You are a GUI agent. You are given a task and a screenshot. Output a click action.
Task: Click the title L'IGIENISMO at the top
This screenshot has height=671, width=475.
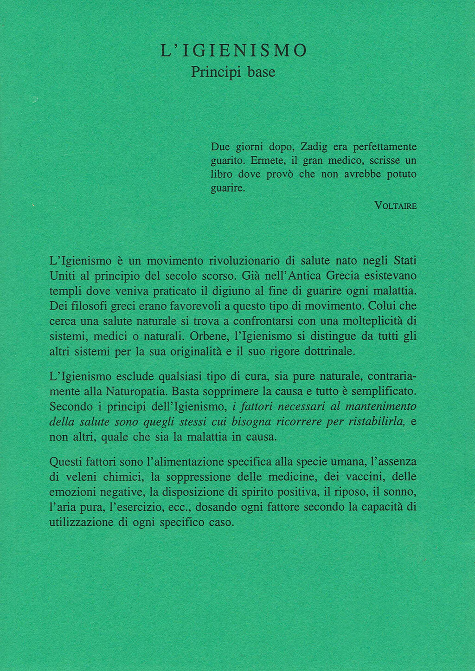click(x=234, y=51)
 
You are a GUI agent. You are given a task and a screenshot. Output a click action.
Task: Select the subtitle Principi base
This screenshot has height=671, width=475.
click(x=233, y=72)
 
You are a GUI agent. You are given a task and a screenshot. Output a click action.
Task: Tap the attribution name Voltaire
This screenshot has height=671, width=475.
click(x=395, y=206)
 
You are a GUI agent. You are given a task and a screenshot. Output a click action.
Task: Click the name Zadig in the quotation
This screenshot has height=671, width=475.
click(x=314, y=147)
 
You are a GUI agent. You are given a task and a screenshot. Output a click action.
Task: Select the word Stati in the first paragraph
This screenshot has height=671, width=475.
click(x=404, y=261)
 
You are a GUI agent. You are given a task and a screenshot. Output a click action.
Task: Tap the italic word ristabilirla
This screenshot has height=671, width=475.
click(x=377, y=422)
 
